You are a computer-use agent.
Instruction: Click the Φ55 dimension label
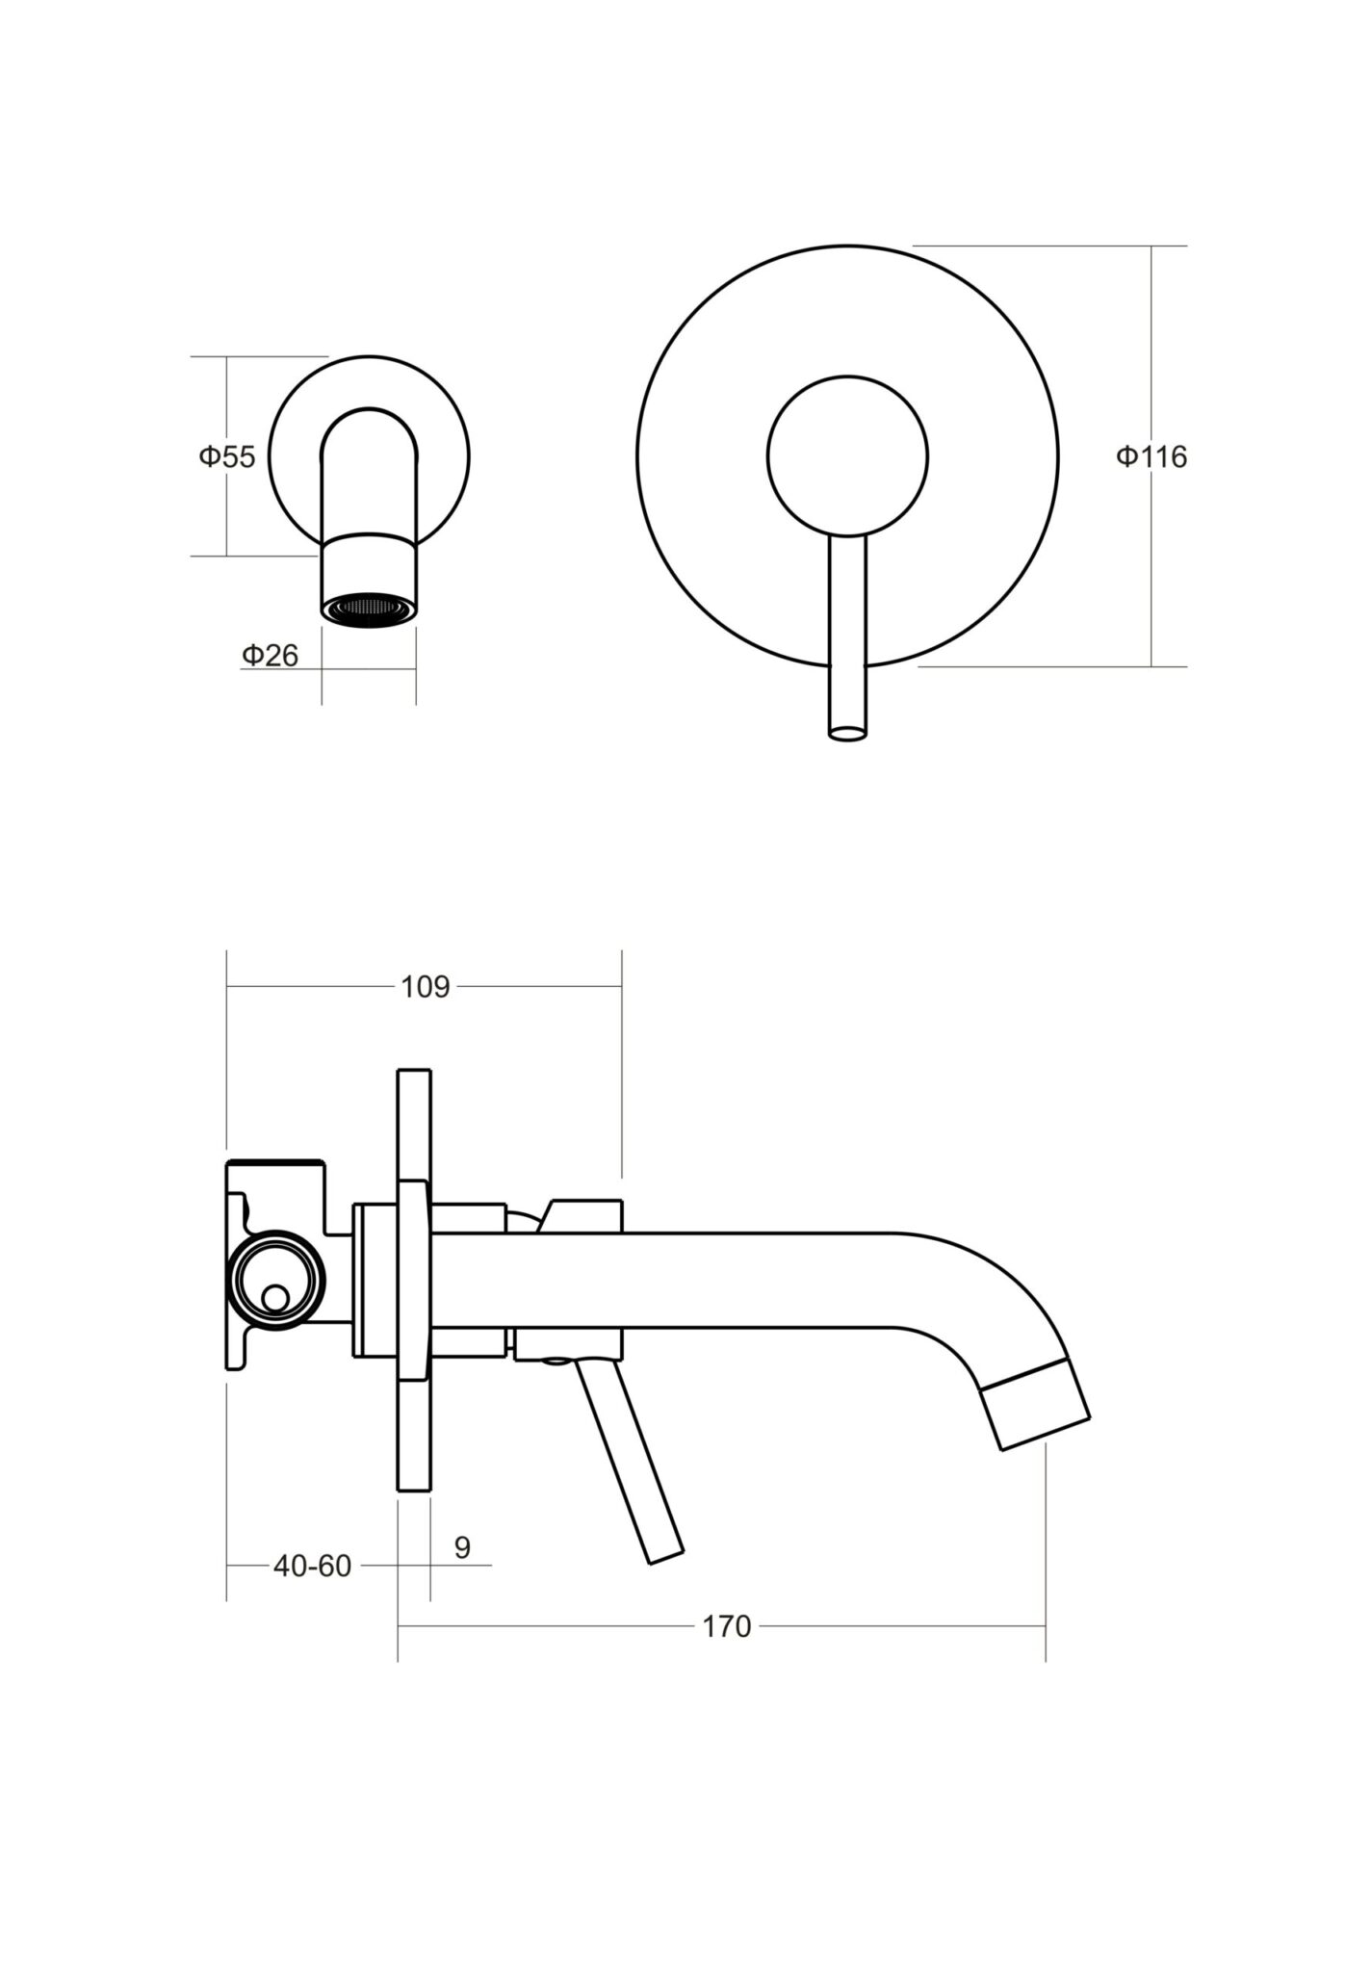[227, 456]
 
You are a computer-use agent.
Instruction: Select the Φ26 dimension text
[270, 656]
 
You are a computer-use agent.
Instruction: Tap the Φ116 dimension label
[1151, 456]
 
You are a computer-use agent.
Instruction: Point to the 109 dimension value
[425, 987]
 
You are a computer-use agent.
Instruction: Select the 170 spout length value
[726, 1626]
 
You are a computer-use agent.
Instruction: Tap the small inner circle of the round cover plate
[847, 455]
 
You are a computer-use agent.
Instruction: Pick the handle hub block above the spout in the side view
[582, 1216]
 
